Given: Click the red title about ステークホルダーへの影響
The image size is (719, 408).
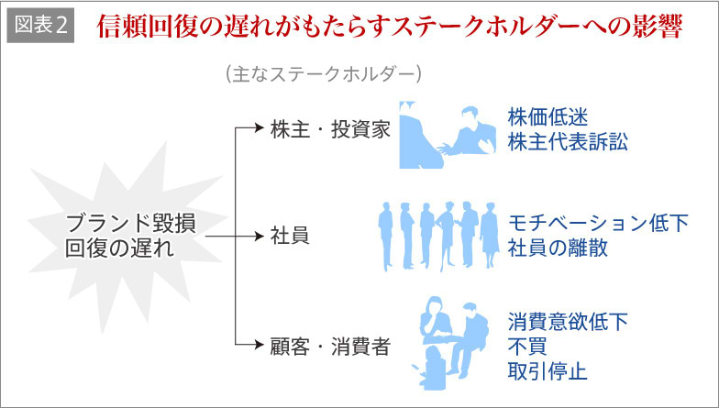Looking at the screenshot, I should pos(390,27).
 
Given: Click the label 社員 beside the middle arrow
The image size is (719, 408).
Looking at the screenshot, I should pos(289,236).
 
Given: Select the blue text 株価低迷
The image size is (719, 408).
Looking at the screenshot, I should pos(547,118).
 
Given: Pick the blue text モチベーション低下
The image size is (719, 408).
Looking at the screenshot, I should pos(598,224).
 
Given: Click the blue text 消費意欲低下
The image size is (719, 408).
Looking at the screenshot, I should pos(569,324).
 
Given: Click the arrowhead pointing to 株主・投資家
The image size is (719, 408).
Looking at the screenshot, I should pos(259,129).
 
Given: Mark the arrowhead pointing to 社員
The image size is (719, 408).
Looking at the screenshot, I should pos(259,236).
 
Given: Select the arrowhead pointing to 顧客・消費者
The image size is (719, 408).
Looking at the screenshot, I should pos(259,347).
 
